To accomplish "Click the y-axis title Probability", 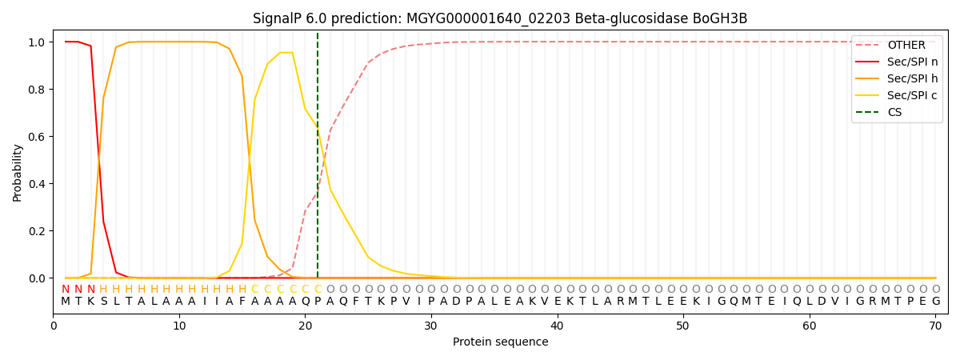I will pyautogui.click(x=18, y=173).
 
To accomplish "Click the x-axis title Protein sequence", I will pyautogui.click(x=500, y=342).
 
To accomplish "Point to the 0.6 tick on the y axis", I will pyautogui.click(x=38, y=137).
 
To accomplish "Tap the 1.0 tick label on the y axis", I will pyautogui.click(x=38, y=42).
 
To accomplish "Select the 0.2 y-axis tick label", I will pyautogui.click(x=38, y=231).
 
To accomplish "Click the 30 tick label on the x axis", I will pyautogui.click(x=431, y=326).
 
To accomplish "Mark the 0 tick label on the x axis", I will pyautogui.click(x=54, y=326).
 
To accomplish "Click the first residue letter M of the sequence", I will pyautogui.click(x=66, y=302).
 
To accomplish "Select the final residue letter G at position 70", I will pyautogui.click(x=935, y=302).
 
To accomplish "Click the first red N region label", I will pyautogui.click(x=66, y=290).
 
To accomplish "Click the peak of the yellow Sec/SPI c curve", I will pyautogui.click(x=286, y=53).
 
